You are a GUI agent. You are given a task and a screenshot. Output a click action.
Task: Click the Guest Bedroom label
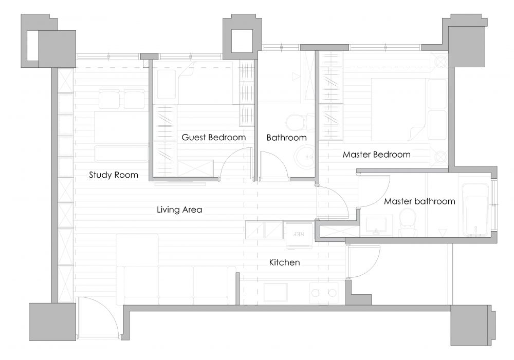tap(213, 137)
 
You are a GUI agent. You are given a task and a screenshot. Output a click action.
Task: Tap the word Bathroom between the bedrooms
tap(286, 138)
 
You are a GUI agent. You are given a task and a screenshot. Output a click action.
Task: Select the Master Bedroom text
tap(377, 154)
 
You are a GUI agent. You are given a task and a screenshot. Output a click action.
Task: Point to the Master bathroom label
tap(419, 201)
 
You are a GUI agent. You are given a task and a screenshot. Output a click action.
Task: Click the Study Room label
tap(114, 175)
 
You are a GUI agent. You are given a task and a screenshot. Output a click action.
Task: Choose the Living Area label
tap(179, 210)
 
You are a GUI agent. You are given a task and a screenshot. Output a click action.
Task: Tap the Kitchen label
tap(284, 262)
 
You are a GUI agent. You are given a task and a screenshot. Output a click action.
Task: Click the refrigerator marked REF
tap(299, 235)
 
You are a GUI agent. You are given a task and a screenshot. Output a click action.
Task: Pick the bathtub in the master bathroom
tap(475, 210)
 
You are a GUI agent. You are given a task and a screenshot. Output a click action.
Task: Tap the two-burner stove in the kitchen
tap(324, 293)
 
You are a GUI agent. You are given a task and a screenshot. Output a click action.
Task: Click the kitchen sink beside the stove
tap(276, 292)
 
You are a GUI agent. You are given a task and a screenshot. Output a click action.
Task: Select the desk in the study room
tap(121, 126)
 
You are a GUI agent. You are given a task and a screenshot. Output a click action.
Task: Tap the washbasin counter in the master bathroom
tap(376, 225)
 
